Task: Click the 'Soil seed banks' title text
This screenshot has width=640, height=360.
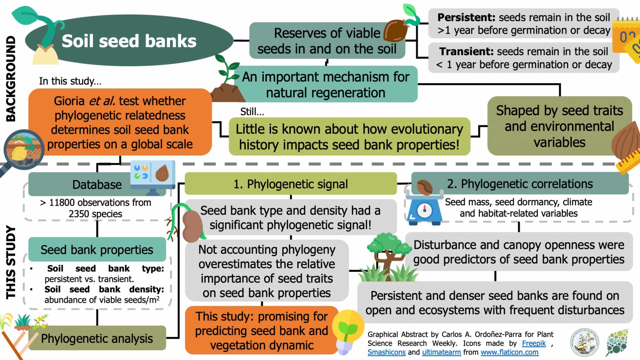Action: click(x=129, y=41)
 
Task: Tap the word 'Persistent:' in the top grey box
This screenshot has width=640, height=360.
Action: click(x=466, y=17)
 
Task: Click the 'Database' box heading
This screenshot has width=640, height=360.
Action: click(x=97, y=185)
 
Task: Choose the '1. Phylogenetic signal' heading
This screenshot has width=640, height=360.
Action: click(x=290, y=184)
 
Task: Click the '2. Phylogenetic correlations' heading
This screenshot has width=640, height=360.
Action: click(x=520, y=184)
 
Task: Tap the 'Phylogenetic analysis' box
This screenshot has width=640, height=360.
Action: click(x=97, y=338)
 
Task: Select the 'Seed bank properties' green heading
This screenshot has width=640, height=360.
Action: click(x=97, y=250)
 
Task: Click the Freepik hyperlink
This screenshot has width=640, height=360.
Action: click(x=534, y=343)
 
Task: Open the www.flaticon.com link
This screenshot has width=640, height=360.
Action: click(x=509, y=352)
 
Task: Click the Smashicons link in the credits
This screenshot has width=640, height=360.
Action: click(x=386, y=352)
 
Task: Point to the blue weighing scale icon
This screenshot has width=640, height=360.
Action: click(x=424, y=210)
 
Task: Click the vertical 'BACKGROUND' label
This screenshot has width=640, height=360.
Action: click(x=11, y=78)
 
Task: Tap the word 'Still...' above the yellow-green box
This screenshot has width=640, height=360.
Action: click(x=252, y=112)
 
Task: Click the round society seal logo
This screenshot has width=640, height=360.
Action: click(x=584, y=342)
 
